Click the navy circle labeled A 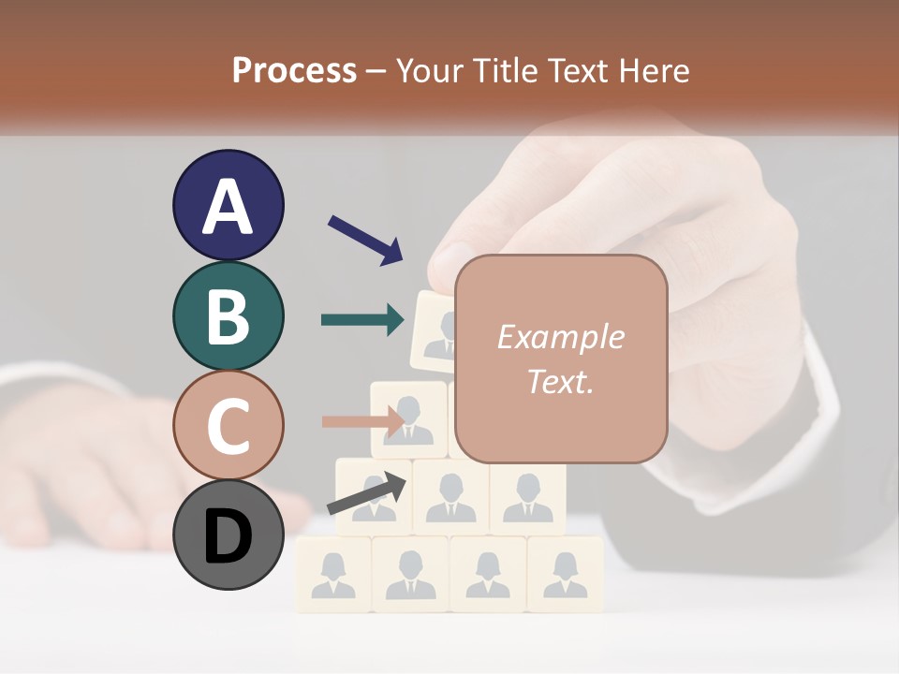pos(228,205)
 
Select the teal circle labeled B pos(228,315)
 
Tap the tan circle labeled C pos(228,425)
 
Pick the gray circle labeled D pos(228,535)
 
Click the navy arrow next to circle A pos(365,240)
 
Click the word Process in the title pos(294,71)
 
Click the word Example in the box pos(561,337)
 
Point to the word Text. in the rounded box pos(561,381)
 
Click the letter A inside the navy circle pos(228,207)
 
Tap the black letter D pos(228,536)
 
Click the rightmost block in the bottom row pos(565,574)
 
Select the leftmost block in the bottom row pos(333,574)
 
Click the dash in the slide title pos(376,71)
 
